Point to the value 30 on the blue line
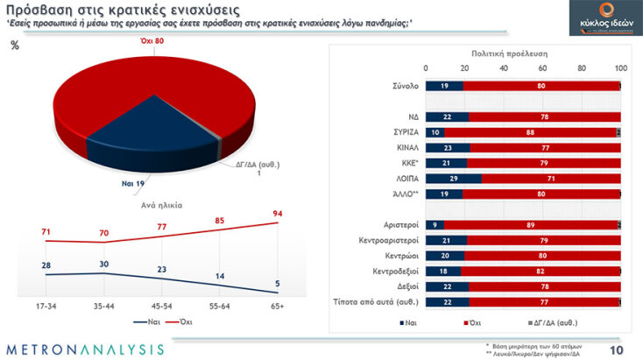[x=103, y=263]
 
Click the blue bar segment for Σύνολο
[x=443, y=86]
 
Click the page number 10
[x=617, y=349]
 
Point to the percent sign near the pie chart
[x=15, y=46]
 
